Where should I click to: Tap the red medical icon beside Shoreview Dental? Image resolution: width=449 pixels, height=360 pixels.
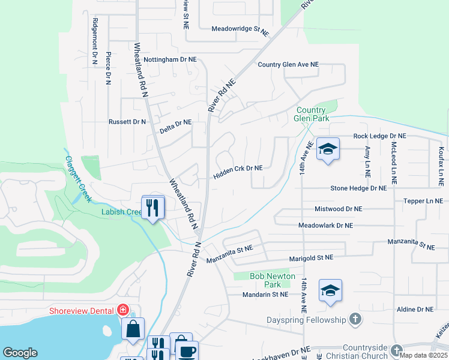pyautogui.click(x=123, y=310)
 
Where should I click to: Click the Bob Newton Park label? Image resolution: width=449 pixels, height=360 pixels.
pyautogui.click(x=273, y=280)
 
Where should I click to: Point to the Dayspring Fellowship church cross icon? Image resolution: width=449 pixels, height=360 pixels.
pyautogui.click(x=355, y=320)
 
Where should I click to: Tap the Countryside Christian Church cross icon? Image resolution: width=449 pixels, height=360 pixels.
pyautogui.click(x=396, y=350)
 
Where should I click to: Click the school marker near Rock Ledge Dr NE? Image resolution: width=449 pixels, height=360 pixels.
pyautogui.click(x=328, y=149)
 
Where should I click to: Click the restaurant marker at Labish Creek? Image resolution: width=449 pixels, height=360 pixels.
pyautogui.click(x=153, y=207)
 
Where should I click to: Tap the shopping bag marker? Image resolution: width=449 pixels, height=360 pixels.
pyautogui.click(x=133, y=329)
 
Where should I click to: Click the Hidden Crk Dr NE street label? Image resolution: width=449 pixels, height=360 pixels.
pyautogui.click(x=238, y=169)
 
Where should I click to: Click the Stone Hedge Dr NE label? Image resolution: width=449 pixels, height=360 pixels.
pyautogui.click(x=359, y=188)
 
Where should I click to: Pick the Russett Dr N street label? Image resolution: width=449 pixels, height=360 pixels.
pyautogui.click(x=127, y=122)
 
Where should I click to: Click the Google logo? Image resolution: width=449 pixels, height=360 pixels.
pyautogui.click(x=20, y=353)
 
